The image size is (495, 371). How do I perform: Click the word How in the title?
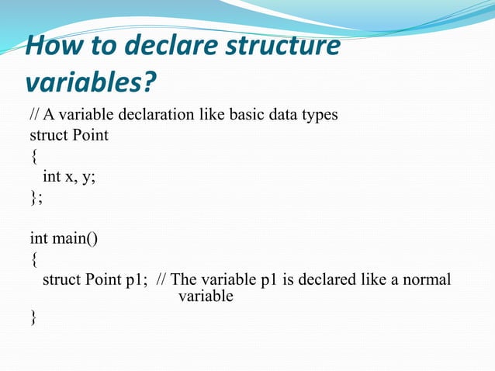tap(51, 47)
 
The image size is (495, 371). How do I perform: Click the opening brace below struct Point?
tap(33, 156)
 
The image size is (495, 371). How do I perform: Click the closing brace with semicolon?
tap(36, 197)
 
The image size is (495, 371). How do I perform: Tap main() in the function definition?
tap(76, 238)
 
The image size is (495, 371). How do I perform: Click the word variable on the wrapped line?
tap(206, 296)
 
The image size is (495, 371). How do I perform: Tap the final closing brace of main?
tap(33, 316)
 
